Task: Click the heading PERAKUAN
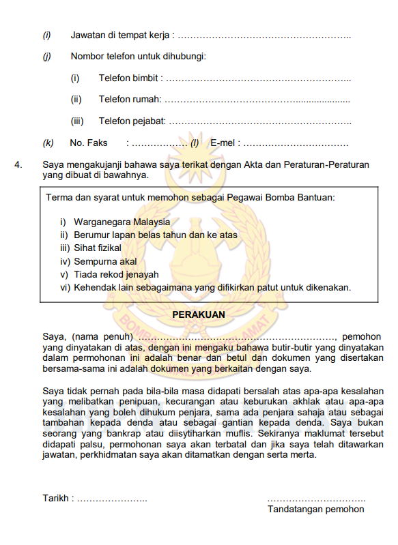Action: pyautogui.click(x=199, y=314)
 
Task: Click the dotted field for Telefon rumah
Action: pyautogui.click(x=257, y=100)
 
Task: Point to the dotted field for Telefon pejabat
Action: pyautogui.click(x=259, y=122)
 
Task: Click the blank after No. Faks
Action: pyautogui.click(x=159, y=144)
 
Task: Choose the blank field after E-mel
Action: pyautogui.click(x=296, y=144)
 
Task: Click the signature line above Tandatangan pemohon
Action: pyautogui.click(x=316, y=499)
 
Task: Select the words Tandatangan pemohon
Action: pyautogui.click(x=316, y=510)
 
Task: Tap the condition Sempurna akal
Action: pyautogui.click(x=105, y=261)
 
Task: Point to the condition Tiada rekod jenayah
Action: pyautogui.click(x=115, y=274)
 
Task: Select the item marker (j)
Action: pyautogui.click(x=47, y=57)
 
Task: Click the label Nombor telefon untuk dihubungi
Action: pyautogui.click(x=138, y=57)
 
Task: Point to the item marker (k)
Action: pyautogui.click(x=48, y=144)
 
